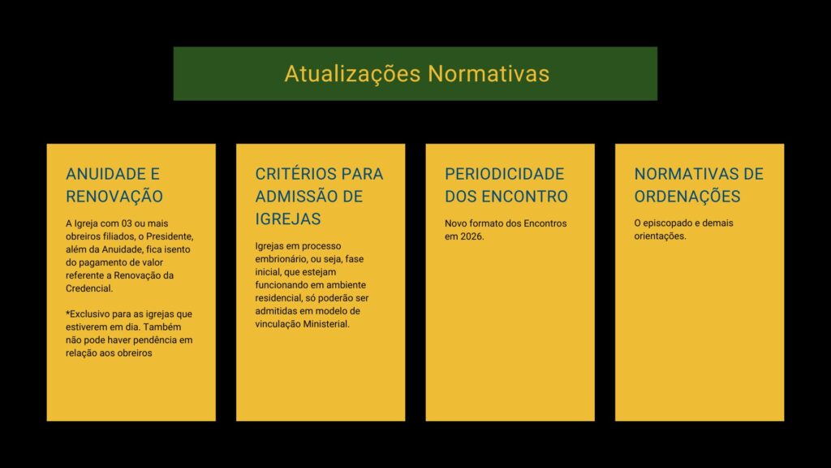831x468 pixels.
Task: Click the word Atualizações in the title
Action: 352,74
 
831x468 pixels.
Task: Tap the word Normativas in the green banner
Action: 489,74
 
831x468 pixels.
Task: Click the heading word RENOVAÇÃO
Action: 114,197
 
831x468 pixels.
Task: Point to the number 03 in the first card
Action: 126,223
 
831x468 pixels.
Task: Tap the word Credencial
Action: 89,288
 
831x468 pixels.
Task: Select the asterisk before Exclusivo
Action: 68,313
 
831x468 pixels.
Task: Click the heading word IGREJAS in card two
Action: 288,219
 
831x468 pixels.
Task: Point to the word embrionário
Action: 280,259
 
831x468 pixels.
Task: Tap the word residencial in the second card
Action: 279,297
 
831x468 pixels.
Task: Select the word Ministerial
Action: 326,323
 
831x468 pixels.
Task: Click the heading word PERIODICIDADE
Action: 505,174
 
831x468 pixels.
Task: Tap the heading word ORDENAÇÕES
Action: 687,197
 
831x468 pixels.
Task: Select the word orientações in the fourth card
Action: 661,236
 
